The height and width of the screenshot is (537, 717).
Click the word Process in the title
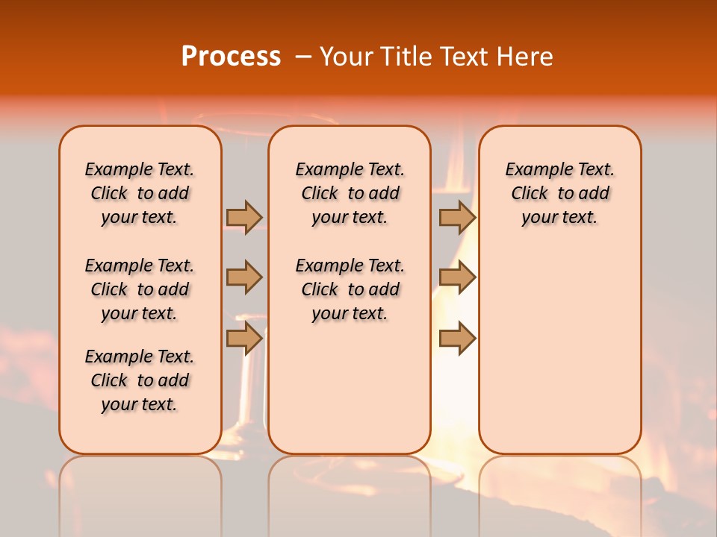pos(231,57)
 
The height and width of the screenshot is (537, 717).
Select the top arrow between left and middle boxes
pos(244,217)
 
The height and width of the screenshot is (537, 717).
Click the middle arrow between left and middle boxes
pos(244,277)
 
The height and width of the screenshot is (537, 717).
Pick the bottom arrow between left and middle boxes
pos(244,339)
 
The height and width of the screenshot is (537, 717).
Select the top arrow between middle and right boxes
pos(457,217)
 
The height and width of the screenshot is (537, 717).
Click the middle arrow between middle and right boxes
pos(457,277)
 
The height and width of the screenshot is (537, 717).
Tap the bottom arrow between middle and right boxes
pos(457,339)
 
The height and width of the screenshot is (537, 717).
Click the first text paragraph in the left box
pos(140,193)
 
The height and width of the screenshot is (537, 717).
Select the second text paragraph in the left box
pos(140,289)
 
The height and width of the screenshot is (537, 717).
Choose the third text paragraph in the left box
pos(140,380)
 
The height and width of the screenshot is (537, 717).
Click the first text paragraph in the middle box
pos(350,193)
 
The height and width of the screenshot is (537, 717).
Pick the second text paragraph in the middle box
pos(350,289)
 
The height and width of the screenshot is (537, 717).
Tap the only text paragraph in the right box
pos(560,193)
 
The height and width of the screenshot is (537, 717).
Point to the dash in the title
pos(302,57)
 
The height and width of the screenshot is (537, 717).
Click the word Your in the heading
pos(347,57)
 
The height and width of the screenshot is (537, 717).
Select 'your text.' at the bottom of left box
pos(140,404)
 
